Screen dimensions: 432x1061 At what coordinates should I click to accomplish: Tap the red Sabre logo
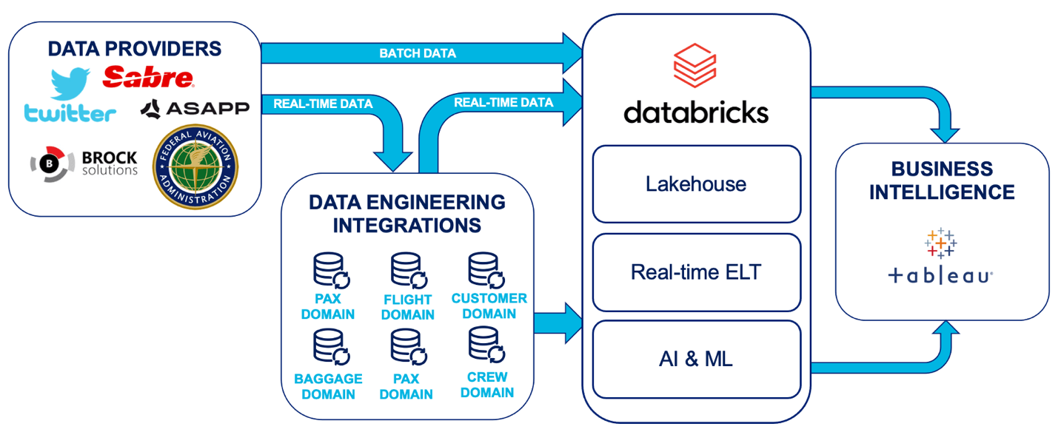tap(148, 77)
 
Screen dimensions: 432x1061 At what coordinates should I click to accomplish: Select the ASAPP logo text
tap(195, 109)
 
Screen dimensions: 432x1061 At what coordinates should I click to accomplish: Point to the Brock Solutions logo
tap(84, 163)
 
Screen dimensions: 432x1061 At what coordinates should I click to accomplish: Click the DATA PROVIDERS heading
tap(134, 49)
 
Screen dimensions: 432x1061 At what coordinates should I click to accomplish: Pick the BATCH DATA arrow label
tap(418, 53)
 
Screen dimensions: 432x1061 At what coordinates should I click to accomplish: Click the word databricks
tap(696, 112)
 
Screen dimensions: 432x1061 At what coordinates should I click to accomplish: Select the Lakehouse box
tap(696, 183)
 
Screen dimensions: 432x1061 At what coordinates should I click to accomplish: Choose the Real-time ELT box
tap(696, 272)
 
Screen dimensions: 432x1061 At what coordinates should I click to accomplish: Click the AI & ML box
tap(696, 360)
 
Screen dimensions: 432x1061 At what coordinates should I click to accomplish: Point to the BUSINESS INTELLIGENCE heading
tap(942, 180)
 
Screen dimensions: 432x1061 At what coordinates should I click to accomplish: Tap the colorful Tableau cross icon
tap(940, 242)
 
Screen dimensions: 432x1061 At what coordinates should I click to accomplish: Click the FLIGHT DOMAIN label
tap(408, 307)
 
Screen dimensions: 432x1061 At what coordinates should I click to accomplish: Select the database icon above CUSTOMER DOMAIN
tap(485, 270)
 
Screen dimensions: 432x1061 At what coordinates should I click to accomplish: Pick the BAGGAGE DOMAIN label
tap(327, 386)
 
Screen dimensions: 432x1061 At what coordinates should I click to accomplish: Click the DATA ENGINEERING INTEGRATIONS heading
tap(406, 213)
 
